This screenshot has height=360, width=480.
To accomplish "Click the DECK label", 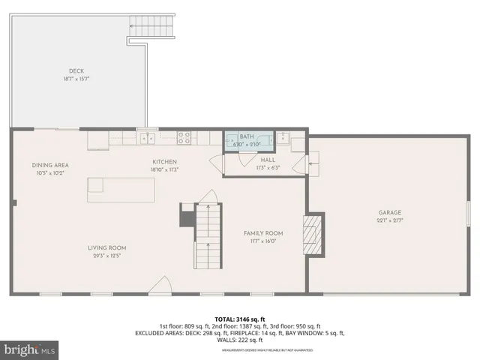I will pyautogui.click(x=76, y=71).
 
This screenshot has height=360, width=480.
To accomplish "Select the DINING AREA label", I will pyautogui.click(x=50, y=165).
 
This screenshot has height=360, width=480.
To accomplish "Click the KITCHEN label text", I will pyautogui.click(x=164, y=162).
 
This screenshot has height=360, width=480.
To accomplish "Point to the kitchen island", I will pyautogui.click(x=121, y=190).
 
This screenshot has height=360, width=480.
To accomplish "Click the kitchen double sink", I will pyautogui.click(x=150, y=138).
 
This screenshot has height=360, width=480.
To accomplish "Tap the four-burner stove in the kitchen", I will pyautogui.click(x=184, y=138).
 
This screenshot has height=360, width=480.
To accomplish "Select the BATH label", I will pyautogui.click(x=246, y=137).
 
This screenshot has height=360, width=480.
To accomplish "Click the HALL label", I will pyautogui.click(x=268, y=160).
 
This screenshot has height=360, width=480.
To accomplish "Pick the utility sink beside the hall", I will pyautogui.click(x=284, y=138).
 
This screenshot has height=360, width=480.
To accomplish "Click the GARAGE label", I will pyautogui.click(x=389, y=212).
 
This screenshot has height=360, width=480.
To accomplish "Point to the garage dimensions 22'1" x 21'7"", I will pyautogui.click(x=389, y=220).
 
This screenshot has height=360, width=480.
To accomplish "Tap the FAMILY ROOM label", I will pyautogui.click(x=262, y=233).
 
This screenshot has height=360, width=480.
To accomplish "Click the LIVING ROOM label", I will pyautogui.click(x=107, y=247).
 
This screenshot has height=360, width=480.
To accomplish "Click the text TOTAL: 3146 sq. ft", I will pyautogui.click(x=239, y=319).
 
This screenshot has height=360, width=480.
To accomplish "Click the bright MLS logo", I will pyautogui.click(x=29, y=349).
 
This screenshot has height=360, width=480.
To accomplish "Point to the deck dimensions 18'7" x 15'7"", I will pyautogui.click(x=76, y=79).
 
